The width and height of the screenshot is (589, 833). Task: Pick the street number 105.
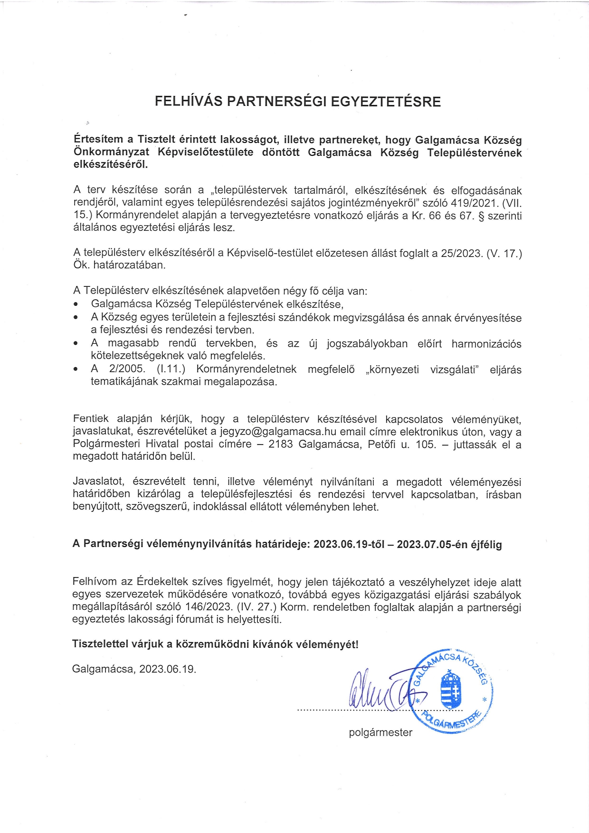click(426, 445)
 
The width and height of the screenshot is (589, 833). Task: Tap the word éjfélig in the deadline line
click(486, 545)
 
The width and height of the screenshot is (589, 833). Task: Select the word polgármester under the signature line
click(380, 732)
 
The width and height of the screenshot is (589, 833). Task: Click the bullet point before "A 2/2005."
click(76, 369)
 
